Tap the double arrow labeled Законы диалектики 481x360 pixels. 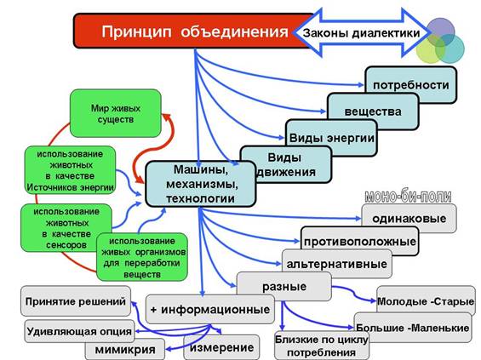361,33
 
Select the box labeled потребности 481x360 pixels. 410,84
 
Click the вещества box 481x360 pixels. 373,111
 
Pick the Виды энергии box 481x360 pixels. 331,138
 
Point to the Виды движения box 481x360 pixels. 285,164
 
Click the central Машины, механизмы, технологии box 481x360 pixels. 201,184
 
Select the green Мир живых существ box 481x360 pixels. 116,113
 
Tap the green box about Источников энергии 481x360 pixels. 71,170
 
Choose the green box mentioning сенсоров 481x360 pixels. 66,228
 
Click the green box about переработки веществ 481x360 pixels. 142,257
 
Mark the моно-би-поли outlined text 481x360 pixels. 408,197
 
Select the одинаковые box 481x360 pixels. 409,219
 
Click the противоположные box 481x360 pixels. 360,242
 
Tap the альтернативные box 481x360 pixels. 337,264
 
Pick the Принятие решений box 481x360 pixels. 76,301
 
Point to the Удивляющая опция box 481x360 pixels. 79,331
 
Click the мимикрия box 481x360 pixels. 125,349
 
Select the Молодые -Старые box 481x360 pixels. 426,300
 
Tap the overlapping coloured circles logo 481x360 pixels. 440,41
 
